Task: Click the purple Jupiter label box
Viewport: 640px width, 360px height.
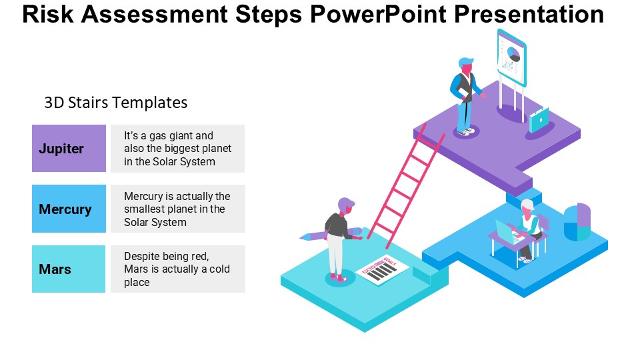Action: [x=69, y=148]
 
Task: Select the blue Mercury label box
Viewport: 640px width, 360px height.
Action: [x=69, y=209]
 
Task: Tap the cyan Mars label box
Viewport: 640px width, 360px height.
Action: [x=69, y=269]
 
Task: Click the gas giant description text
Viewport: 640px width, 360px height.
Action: [x=177, y=148]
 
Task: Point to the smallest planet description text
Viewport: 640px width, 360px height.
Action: [x=177, y=209]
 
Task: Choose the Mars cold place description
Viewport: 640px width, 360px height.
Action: [x=177, y=269]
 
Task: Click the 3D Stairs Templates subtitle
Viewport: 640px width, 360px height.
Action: [x=115, y=103]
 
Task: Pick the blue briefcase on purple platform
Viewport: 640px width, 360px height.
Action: [x=539, y=120]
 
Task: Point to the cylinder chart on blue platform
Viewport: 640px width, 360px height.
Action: [x=577, y=222]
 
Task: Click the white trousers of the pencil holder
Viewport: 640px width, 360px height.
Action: [x=335, y=254]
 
